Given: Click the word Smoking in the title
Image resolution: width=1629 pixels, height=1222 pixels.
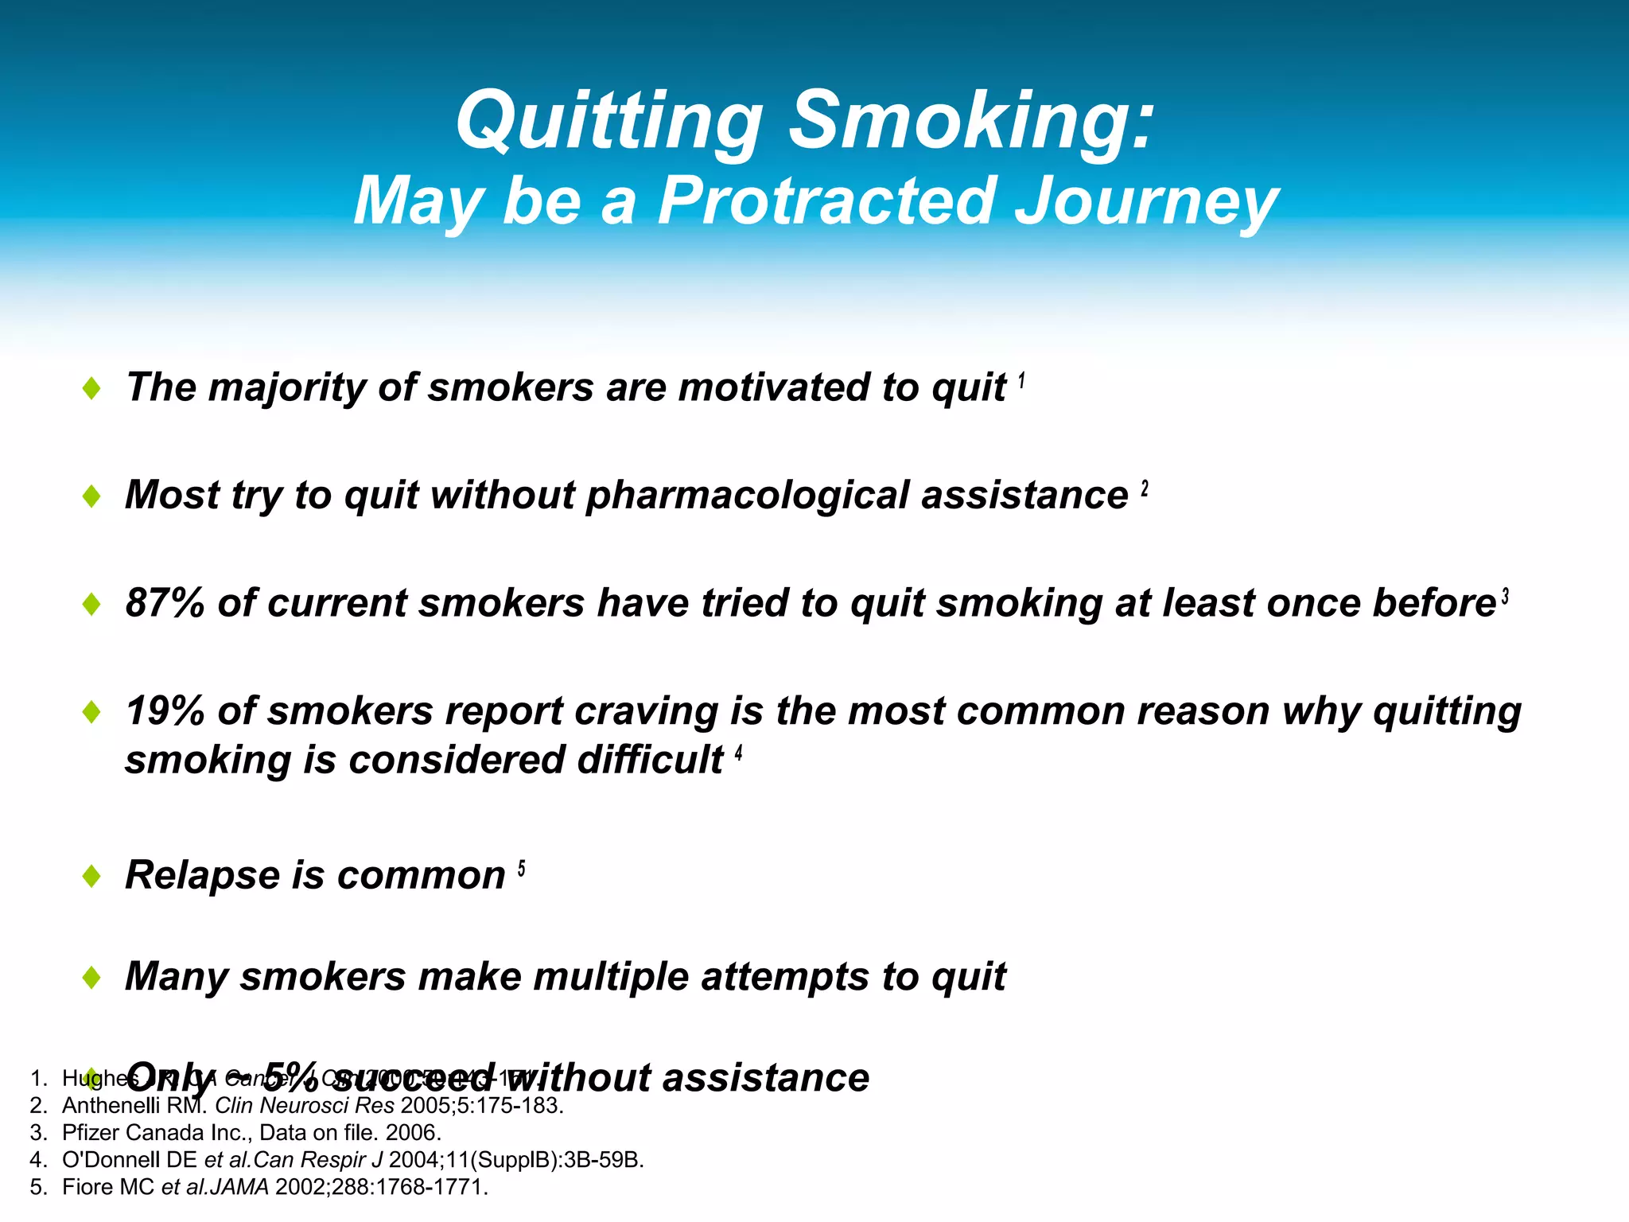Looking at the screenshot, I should pyautogui.click(x=970, y=121).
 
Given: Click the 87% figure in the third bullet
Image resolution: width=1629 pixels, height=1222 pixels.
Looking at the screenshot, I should pyautogui.click(x=165, y=603).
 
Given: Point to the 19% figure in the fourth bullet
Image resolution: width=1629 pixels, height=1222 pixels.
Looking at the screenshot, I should pyautogui.click(x=165, y=710).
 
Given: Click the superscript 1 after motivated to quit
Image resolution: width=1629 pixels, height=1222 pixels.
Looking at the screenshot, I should pyautogui.click(x=1021, y=382).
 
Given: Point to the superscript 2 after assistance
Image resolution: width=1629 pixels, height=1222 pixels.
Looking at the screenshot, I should pyautogui.click(x=1145, y=488).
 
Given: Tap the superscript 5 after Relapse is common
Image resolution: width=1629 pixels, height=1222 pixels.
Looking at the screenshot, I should pyautogui.click(x=521, y=869).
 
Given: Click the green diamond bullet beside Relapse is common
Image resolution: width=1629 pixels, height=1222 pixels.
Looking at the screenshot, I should pyautogui.click(x=91, y=876).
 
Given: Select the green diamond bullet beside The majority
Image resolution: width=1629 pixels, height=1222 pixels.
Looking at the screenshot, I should pyautogui.click(x=91, y=388).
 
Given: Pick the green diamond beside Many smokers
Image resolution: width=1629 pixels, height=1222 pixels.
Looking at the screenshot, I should pyautogui.click(x=91, y=977).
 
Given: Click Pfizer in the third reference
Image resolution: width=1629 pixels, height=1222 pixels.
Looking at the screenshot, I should pyautogui.click(x=91, y=1133).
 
